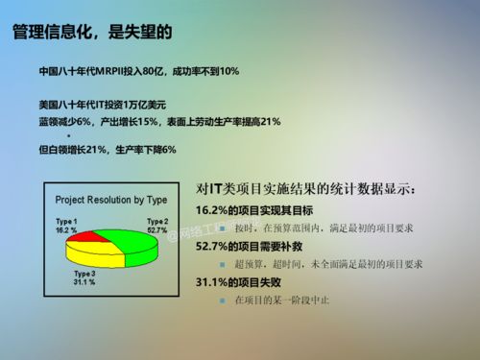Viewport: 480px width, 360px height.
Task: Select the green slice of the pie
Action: [x=135, y=243]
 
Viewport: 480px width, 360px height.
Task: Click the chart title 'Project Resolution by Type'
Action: [x=111, y=200]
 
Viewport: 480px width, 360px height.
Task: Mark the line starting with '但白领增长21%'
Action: [x=108, y=150]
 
